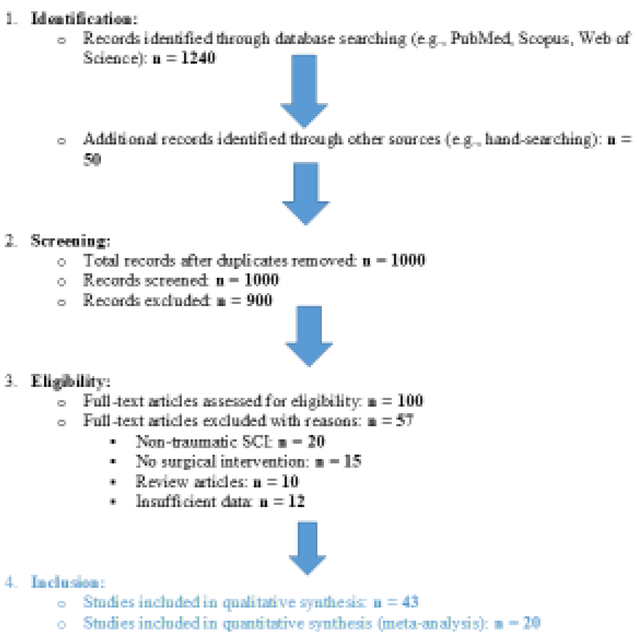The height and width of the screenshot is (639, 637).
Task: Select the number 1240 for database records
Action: coord(198,58)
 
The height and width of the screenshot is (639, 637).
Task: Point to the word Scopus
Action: coord(543,38)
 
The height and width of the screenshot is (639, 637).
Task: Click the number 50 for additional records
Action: coord(92,159)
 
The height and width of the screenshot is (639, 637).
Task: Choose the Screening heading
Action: coord(70,241)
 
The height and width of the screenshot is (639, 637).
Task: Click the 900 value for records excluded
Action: coord(259,300)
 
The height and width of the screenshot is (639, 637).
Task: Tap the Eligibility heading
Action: coord(70,381)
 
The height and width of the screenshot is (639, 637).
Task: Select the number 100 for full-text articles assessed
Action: coord(410,401)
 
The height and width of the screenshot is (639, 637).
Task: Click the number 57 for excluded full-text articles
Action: coord(404,421)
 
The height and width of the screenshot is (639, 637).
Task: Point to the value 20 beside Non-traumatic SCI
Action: coord(315,441)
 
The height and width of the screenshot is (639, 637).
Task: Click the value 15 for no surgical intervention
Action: coord(352,461)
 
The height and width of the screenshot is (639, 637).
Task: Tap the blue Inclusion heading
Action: coord(68,582)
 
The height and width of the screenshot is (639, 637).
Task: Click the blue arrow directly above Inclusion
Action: coord(307,546)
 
